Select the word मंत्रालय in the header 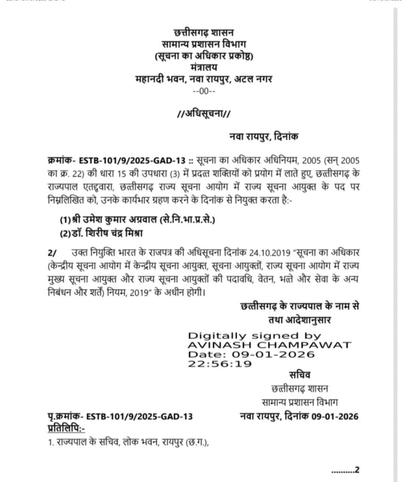tap(204, 68)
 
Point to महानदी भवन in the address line tap(153, 79)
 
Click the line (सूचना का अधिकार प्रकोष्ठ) tap(204, 56)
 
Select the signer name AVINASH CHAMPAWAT tap(269, 345)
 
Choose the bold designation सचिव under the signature tap(299, 375)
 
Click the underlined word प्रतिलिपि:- tap(67, 427)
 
